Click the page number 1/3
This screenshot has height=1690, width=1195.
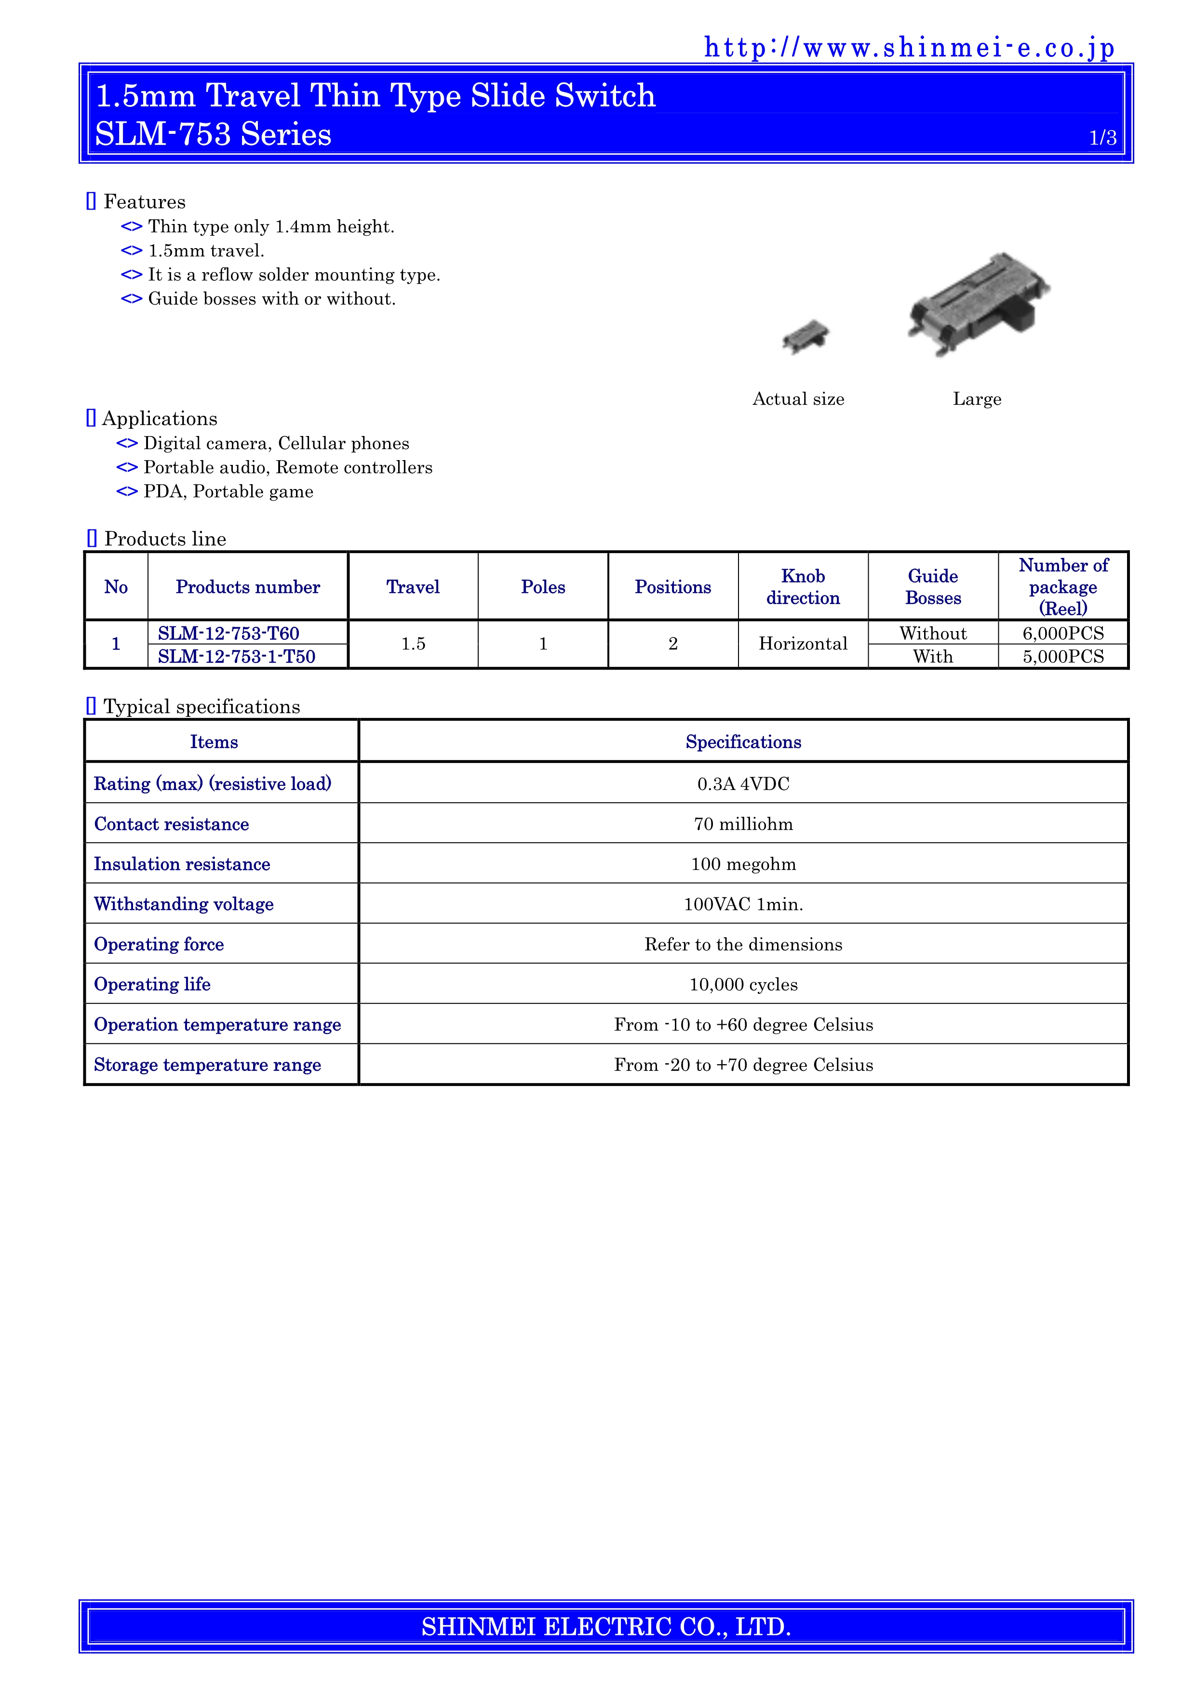(1102, 138)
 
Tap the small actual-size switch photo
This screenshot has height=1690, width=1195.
(806, 337)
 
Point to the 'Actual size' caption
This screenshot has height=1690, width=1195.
(798, 399)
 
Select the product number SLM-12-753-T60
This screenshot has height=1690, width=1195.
(228, 633)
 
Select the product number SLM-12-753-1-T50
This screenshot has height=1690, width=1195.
(236, 657)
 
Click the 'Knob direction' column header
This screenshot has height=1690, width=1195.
(803, 587)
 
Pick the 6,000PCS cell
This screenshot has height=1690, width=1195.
(1062, 633)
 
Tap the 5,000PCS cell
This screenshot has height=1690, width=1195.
(1062, 657)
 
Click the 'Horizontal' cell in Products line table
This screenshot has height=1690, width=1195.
(803, 644)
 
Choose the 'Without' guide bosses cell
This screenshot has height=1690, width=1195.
(933, 633)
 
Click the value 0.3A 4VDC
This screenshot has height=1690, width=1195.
(743, 784)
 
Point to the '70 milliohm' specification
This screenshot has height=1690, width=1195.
(743, 824)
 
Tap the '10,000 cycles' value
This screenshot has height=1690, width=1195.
(743, 985)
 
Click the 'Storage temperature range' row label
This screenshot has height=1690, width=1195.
(207, 1065)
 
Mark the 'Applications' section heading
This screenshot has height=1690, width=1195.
(159, 419)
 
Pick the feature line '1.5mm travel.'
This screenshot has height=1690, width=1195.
(206, 251)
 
